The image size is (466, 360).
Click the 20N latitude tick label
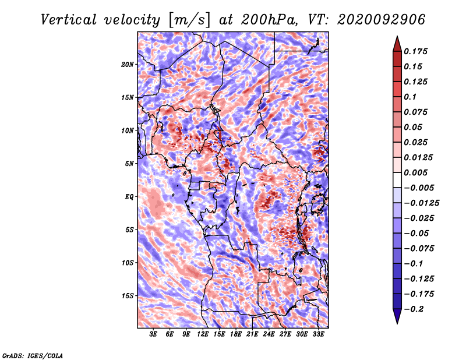point(127,65)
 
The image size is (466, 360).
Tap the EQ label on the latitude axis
point(129,197)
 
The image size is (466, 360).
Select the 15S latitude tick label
point(128,296)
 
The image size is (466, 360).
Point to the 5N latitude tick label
point(129,164)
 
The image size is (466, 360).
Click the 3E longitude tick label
point(153,334)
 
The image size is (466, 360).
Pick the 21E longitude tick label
point(252,334)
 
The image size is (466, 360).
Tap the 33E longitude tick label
point(318,334)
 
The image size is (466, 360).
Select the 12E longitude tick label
point(203,334)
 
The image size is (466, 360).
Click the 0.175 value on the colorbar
point(415,51)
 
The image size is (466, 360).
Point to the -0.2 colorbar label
point(414,309)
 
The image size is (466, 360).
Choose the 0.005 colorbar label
point(415,172)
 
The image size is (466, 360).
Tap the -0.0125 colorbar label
point(421,203)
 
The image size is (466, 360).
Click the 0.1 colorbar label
point(410,97)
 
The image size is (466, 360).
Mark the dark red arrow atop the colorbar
point(397,44)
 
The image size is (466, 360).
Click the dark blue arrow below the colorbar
point(397,316)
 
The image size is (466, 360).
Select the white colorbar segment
point(397,180)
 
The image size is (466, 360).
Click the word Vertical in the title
point(69,20)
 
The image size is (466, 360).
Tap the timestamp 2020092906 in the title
point(381,20)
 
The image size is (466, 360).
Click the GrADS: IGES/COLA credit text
point(33,356)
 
